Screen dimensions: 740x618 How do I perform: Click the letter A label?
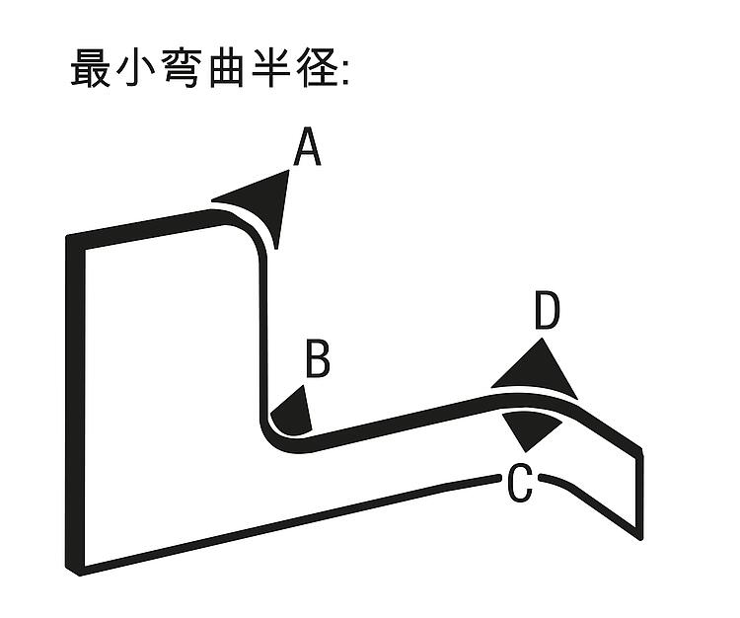point(307,146)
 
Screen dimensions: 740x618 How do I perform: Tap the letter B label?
point(318,358)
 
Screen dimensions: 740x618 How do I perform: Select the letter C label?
point(520,483)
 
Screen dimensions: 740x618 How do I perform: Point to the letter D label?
point(548,310)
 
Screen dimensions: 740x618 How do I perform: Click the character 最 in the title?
point(91,68)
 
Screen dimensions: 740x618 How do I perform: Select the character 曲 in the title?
point(227,68)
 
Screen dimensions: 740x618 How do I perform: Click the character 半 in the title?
point(271,68)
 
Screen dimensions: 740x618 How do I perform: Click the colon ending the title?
point(345,75)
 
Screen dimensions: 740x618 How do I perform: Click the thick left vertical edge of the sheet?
point(76,405)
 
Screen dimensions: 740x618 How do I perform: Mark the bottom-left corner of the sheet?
point(78,575)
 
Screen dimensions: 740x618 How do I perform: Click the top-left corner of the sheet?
point(67,236)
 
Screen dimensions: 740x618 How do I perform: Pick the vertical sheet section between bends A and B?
point(263,331)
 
